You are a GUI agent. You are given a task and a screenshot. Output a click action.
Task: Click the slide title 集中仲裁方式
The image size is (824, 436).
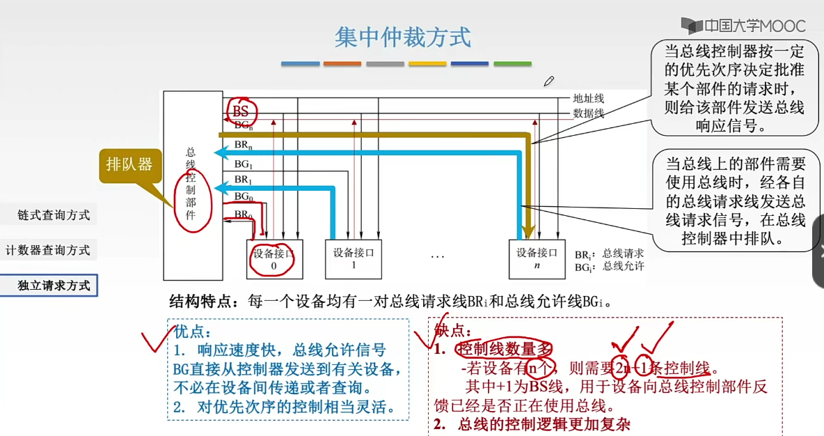(402, 37)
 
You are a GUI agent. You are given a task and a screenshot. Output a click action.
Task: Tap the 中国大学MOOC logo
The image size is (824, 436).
(743, 26)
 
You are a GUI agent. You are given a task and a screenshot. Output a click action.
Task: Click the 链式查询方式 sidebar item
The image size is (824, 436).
(54, 215)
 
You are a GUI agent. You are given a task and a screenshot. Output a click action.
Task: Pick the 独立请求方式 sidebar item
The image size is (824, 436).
(54, 286)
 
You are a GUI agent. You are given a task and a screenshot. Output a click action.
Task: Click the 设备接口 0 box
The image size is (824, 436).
(273, 259)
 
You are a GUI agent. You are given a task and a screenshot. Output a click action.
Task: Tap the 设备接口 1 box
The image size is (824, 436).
(353, 259)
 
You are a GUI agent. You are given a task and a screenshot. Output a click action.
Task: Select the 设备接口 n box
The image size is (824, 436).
(537, 259)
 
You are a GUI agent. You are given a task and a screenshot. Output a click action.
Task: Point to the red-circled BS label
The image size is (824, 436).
(241, 111)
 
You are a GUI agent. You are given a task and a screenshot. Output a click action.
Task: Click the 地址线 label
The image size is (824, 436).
(588, 99)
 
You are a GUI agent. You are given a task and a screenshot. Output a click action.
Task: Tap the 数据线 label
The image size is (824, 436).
(588, 113)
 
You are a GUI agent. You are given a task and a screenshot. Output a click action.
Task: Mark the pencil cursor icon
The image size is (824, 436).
(549, 81)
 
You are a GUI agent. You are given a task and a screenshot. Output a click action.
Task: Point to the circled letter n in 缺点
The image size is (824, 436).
(532, 368)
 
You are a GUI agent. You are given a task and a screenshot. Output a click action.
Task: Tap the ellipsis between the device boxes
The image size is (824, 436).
(437, 257)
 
